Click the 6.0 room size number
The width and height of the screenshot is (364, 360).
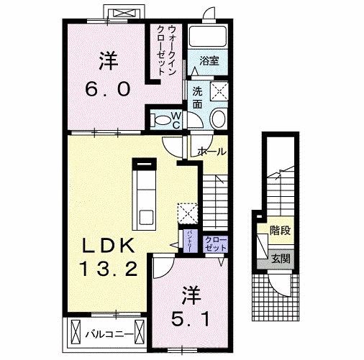tap(109, 89)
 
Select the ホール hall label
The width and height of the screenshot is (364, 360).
tap(212, 152)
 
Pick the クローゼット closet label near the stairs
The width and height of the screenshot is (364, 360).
tap(214, 243)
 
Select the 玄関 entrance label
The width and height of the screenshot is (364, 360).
tap(279, 258)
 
